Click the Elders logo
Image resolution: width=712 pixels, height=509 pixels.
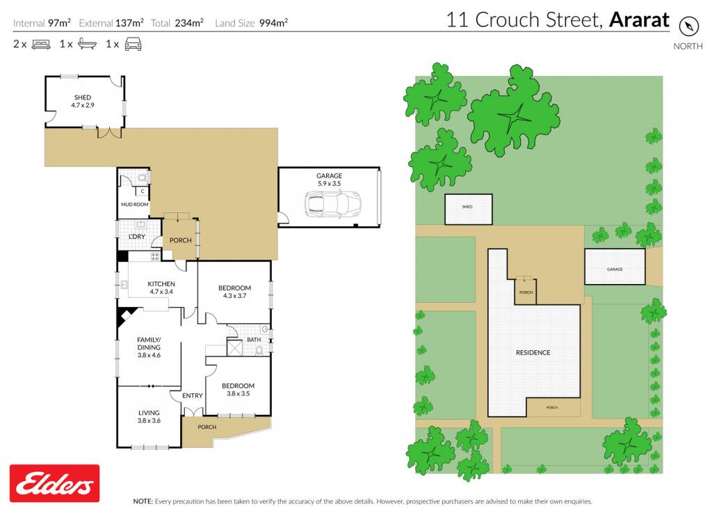(x=54, y=483)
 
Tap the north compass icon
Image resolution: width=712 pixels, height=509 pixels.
(x=688, y=26)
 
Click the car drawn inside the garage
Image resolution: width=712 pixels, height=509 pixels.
(x=333, y=204)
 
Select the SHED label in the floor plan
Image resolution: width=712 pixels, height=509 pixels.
(x=83, y=97)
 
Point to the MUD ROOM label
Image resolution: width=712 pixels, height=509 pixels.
(x=135, y=204)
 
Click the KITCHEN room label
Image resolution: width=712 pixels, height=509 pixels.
(x=161, y=284)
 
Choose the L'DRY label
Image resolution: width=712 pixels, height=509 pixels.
(x=137, y=237)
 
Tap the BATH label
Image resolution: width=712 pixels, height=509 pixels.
(x=254, y=339)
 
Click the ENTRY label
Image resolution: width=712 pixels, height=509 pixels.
(x=193, y=396)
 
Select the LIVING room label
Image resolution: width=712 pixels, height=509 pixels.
(x=149, y=413)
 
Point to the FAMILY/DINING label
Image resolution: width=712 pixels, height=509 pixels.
(x=149, y=343)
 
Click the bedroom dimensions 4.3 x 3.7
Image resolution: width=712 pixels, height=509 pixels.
(x=235, y=296)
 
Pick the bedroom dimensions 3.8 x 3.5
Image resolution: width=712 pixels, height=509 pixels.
(x=238, y=393)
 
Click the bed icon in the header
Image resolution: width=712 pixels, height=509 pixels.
(x=41, y=45)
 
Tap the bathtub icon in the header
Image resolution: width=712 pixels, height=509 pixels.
(x=87, y=44)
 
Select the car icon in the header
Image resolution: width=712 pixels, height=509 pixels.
(x=133, y=44)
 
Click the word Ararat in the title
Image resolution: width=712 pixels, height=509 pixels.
(x=640, y=19)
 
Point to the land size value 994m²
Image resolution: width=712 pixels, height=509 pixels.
(x=273, y=23)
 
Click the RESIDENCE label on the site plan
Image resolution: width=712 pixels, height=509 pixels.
(x=533, y=352)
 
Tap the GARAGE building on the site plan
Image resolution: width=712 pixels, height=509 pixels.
(x=615, y=267)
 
